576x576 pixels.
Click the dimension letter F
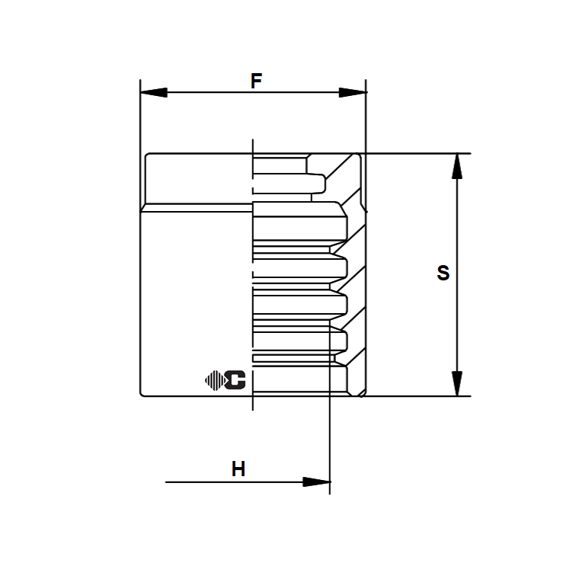(x=256, y=81)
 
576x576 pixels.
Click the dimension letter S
(x=443, y=273)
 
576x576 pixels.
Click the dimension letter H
(x=238, y=469)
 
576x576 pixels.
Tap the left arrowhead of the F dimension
(x=154, y=93)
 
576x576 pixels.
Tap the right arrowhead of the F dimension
(x=353, y=93)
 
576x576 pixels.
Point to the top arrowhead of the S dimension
(x=457, y=166)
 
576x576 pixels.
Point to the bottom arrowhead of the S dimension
(x=457, y=383)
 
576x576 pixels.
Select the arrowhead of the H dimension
(x=316, y=482)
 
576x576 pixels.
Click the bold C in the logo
(x=235, y=380)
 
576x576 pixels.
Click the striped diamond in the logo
(x=215, y=380)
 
